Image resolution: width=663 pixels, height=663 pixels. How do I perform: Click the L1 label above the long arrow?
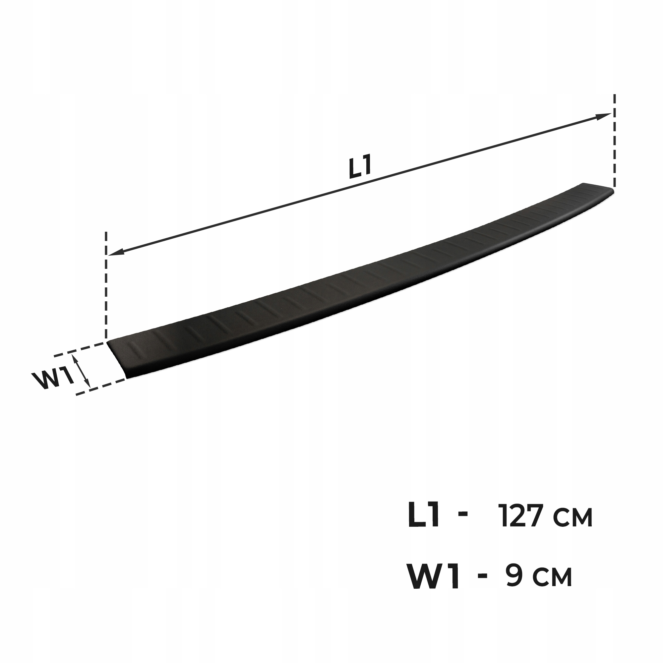(360, 168)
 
